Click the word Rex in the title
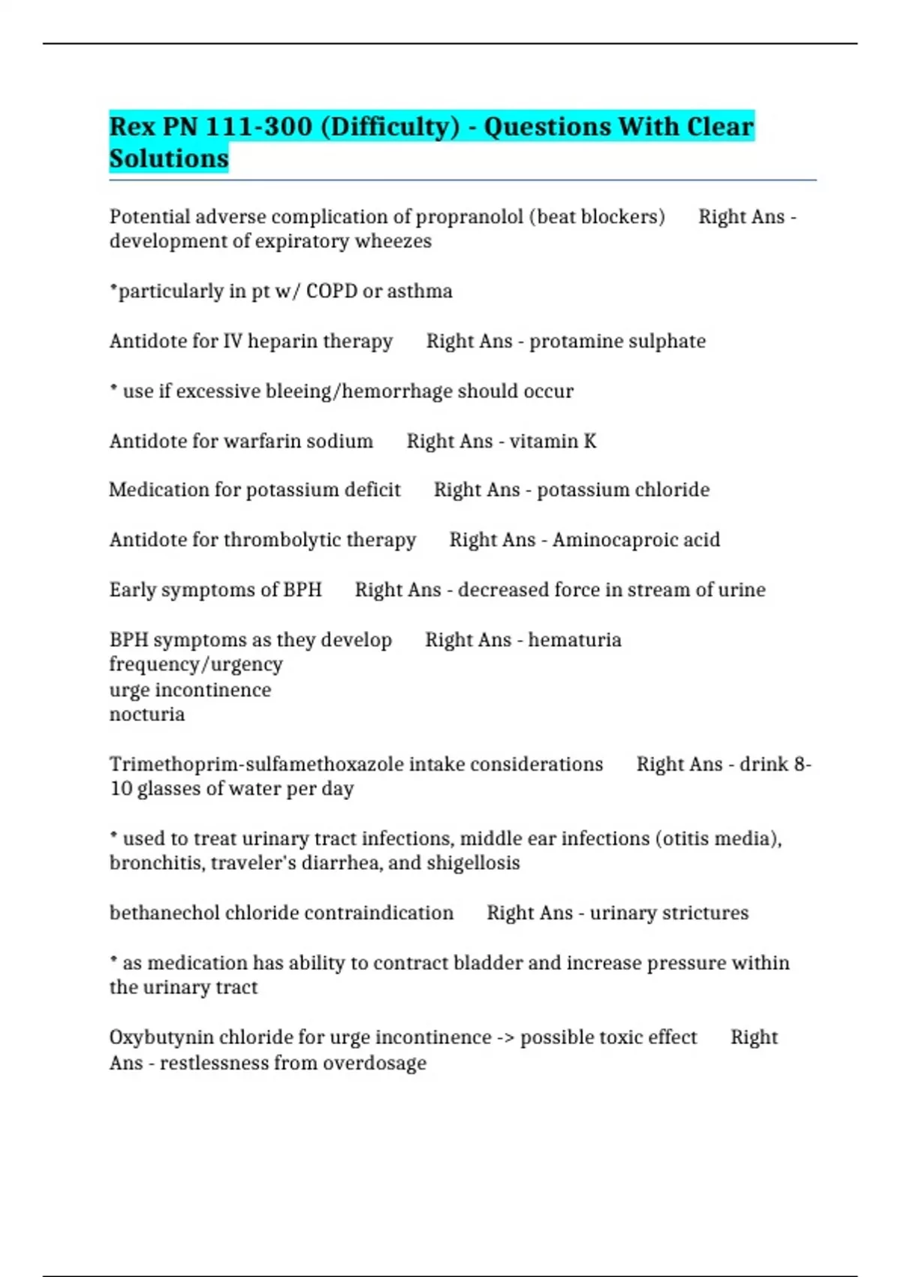[x=132, y=126]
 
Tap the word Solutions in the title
[x=169, y=158]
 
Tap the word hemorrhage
[x=397, y=391]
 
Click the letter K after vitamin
[x=590, y=441]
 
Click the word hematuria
[x=574, y=640]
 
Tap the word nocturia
[x=147, y=714]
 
